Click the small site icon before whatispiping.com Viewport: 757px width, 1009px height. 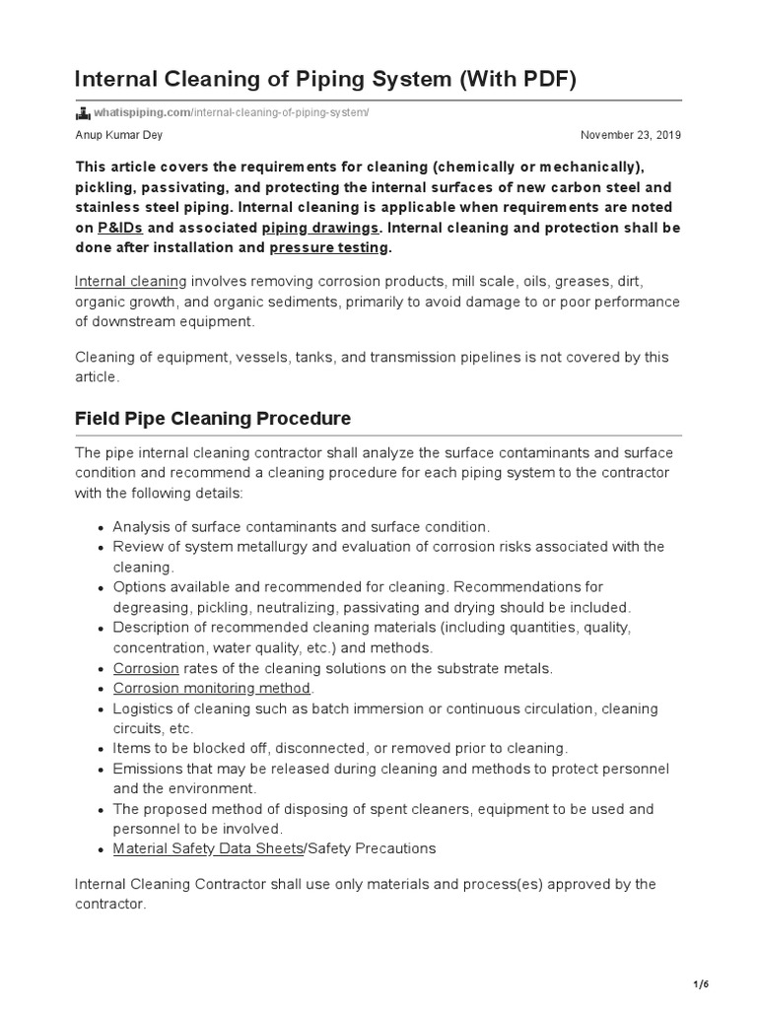82,113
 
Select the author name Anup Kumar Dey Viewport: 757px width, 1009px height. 119,135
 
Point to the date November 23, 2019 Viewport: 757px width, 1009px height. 631,135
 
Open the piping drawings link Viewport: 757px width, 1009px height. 320,228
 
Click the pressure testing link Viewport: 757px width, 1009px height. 330,248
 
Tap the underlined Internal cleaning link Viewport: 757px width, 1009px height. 130,281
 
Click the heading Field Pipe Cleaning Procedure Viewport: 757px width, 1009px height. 213,418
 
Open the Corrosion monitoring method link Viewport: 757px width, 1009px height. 212,688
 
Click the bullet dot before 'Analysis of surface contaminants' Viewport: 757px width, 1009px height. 102,528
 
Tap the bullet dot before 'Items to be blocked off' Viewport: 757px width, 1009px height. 102,749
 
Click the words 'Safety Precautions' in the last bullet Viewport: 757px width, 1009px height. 370,848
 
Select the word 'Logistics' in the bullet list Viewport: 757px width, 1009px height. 145,708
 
